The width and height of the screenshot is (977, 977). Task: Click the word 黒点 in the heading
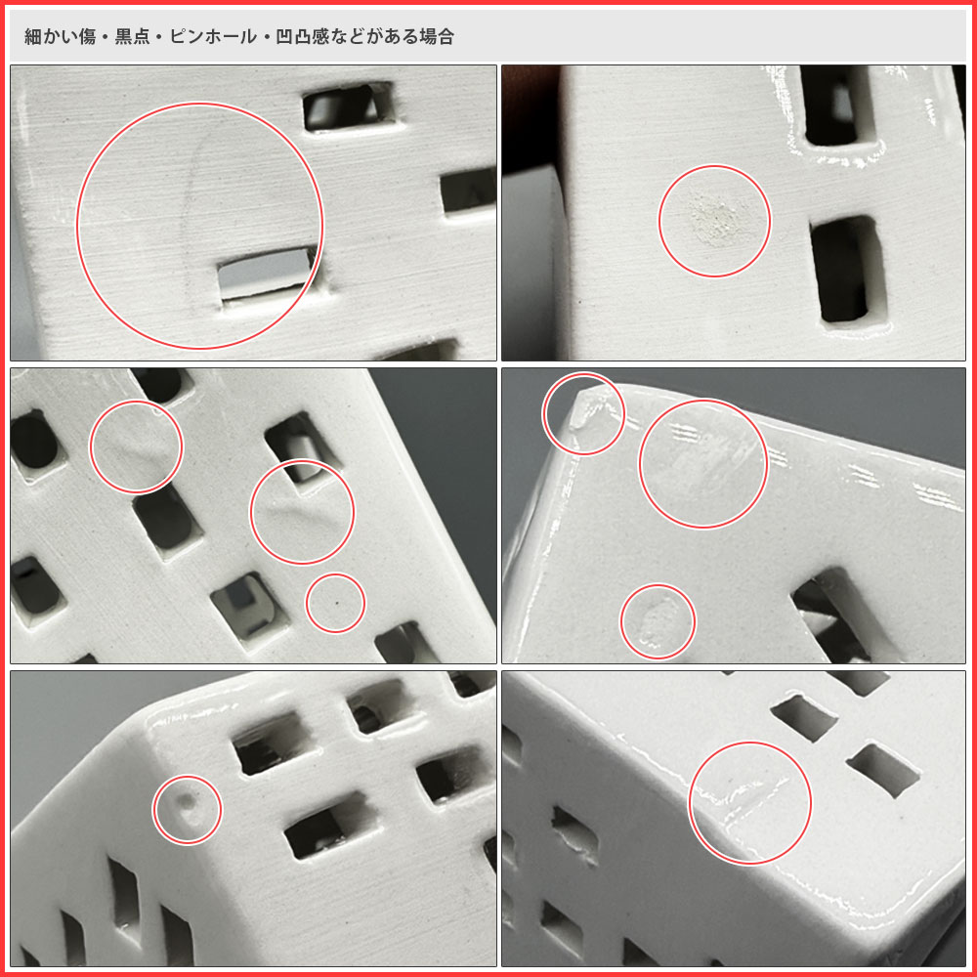pyautogui.click(x=132, y=37)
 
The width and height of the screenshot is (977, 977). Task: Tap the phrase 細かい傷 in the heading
pyautogui.click(x=60, y=37)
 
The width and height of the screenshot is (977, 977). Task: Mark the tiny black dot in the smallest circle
pyautogui.click(x=337, y=603)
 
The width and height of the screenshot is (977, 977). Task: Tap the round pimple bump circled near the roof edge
pyautogui.click(x=187, y=804)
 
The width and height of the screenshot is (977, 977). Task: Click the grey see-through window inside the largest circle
pyautogui.click(x=268, y=273)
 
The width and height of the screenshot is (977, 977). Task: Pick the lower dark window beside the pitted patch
pyautogui.click(x=848, y=270)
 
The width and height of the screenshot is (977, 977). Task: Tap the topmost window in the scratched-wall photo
pyautogui.click(x=349, y=106)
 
